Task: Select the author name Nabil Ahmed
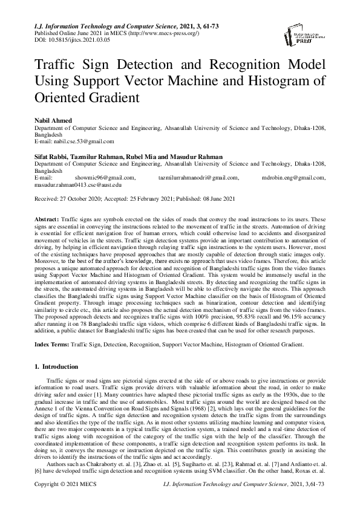tap(53, 122)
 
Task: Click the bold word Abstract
tap(47, 219)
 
